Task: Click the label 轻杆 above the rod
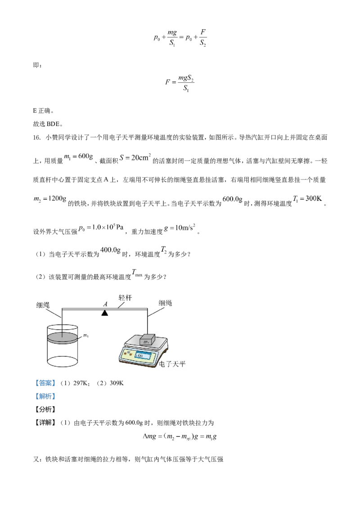(x=126, y=298)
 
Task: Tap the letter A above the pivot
(x=105, y=304)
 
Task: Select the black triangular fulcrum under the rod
(x=105, y=313)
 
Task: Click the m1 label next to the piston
(x=86, y=335)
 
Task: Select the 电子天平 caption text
(x=173, y=364)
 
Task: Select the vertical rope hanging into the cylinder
(x=62, y=321)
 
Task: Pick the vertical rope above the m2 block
(x=147, y=321)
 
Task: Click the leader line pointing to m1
(x=80, y=336)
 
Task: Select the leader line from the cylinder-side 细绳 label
(x=55, y=313)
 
